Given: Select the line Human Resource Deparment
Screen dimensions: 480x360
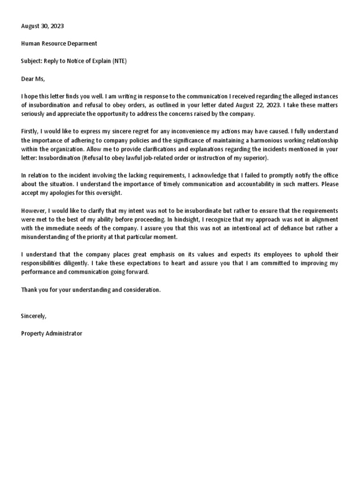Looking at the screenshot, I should (x=59, y=44).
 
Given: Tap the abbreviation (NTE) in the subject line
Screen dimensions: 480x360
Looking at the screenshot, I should (x=119, y=61).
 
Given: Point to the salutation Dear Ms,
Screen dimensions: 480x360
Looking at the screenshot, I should (x=32, y=79).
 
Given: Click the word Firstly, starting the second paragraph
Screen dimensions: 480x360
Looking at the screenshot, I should (x=31, y=131).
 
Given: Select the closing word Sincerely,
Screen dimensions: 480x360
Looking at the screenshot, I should (x=34, y=316).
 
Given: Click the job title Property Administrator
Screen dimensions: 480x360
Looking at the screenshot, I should (x=52, y=333).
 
